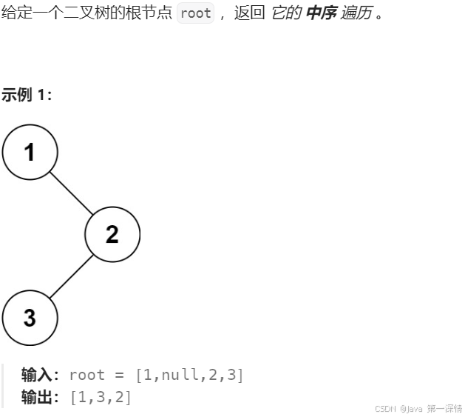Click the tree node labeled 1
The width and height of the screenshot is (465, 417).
[30, 152]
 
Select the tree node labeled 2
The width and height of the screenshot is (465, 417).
[112, 234]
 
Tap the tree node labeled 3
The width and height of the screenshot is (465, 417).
[30, 318]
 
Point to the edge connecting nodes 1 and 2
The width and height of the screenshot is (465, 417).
[71, 193]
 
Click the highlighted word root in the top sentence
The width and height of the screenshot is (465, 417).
[195, 13]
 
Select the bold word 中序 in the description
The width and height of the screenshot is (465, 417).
[321, 13]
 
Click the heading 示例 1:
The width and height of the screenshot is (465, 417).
[27, 95]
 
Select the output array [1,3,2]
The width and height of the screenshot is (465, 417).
[101, 398]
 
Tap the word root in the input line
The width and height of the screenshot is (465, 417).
[86, 375]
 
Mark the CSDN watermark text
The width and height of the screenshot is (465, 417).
[418, 409]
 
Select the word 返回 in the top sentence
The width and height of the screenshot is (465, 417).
[249, 13]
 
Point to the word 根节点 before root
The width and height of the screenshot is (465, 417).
[153, 13]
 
